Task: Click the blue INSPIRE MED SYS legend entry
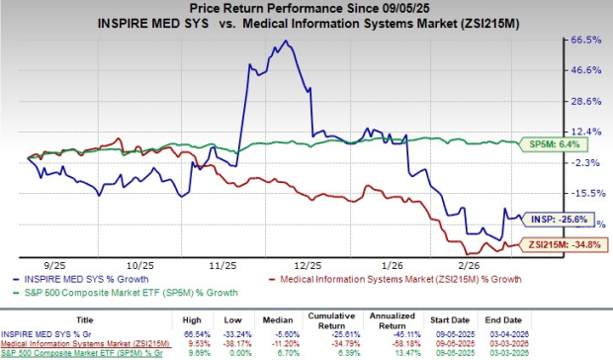pyautogui.click(x=79, y=278)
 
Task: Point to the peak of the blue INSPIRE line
pyautogui.click(x=286, y=42)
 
